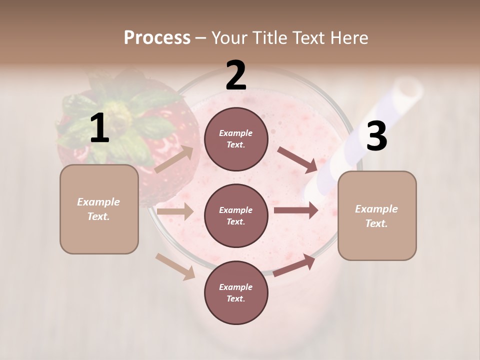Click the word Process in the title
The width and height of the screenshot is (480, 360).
(157, 38)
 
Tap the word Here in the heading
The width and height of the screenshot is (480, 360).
(347, 38)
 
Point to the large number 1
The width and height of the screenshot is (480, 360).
(99, 128)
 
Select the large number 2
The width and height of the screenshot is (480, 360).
(236, 75)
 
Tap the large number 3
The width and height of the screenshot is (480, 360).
(376, 136)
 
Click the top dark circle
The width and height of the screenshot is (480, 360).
(236, 139)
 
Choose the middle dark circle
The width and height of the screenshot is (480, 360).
(236, 215)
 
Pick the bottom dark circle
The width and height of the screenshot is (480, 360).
(236, 292)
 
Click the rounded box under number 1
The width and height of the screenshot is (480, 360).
(99, 209)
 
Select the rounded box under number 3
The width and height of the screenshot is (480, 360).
(377, 216)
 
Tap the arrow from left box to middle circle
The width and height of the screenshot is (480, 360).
(175, 211)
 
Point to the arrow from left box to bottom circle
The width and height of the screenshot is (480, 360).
(175, 266)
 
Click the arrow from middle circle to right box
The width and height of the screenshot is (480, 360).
(295, 210)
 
